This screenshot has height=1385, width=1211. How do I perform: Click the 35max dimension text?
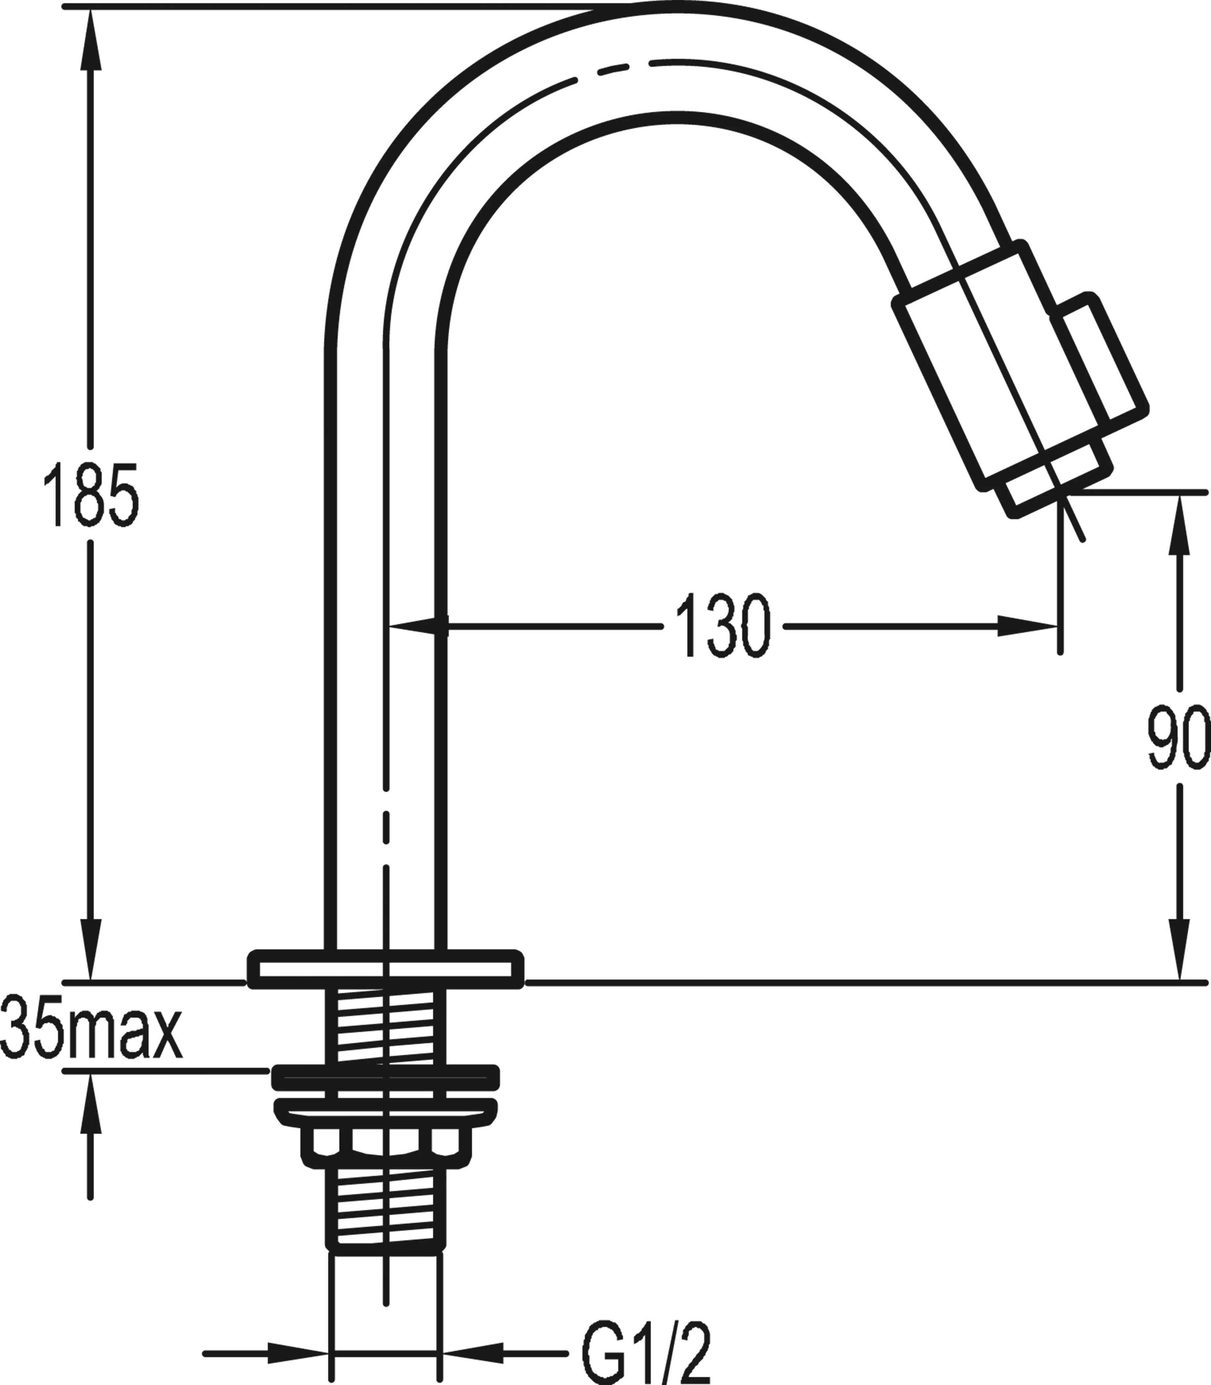(x=91, y=1035)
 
